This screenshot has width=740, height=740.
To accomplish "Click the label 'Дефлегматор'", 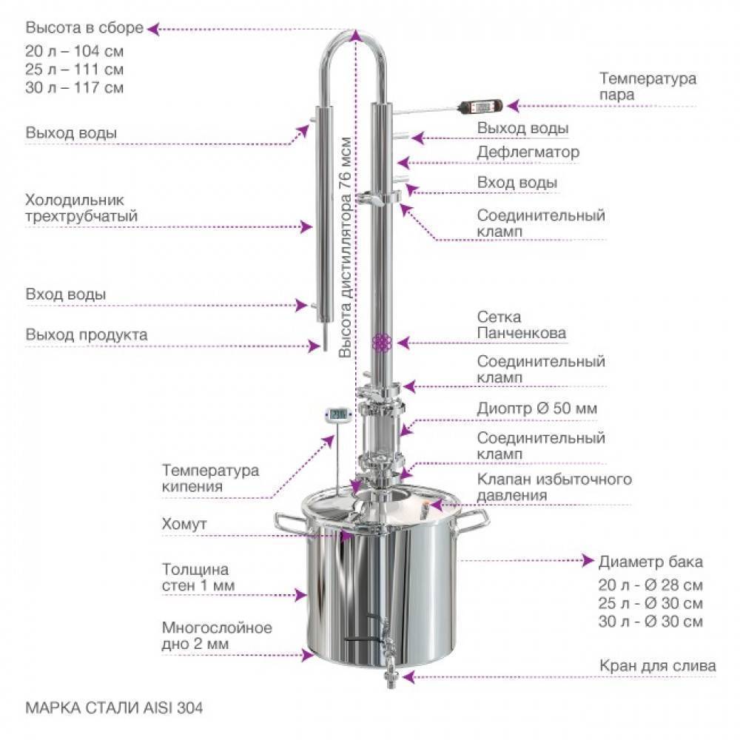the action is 528,152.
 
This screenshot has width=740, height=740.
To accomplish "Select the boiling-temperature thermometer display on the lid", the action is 338,414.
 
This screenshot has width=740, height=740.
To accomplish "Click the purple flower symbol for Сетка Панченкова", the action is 382,343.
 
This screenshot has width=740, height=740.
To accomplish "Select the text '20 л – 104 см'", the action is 75,51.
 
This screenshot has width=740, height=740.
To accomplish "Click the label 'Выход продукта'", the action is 87,334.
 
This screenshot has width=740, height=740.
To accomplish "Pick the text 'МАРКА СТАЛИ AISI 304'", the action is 114,707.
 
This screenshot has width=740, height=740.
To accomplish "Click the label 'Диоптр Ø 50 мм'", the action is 536,408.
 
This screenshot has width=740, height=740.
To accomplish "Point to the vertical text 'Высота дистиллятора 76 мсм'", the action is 345,247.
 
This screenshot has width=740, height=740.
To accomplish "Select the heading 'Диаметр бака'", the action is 650,562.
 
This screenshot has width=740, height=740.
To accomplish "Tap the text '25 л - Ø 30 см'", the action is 650,603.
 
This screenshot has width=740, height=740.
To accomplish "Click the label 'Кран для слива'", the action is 657,666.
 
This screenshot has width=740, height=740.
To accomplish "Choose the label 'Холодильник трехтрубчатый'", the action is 81,208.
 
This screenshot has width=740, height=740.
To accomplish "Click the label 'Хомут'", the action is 184,524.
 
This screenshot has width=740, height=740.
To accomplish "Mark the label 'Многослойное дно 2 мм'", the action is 217,635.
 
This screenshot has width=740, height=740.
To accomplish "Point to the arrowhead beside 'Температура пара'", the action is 513,106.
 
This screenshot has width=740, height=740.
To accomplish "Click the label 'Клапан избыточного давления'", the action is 554,487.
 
